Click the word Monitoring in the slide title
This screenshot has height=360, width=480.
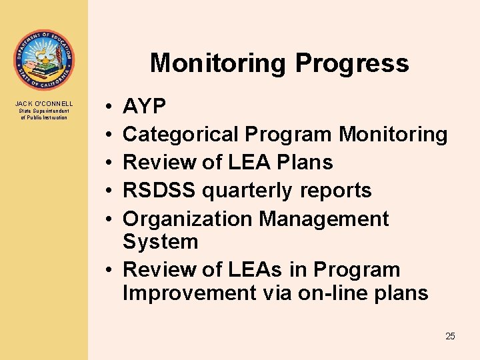pyautogui.click(x=219, y=63)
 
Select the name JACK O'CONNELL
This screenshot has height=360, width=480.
pyautogui.click(x=44, y=104)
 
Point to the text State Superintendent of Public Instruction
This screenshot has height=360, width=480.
pyautogui.click(x=44, y=114)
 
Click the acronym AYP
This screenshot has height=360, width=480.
pyautogui.click(x=145, y=107)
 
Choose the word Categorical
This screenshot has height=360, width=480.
pyautogui.click(x=181, y=135)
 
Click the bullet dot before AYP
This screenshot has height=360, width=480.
pyautogui.click(x=107, y=107)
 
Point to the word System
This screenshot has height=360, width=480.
pyautogui.click(x=161, y=241)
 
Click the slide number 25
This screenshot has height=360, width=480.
pyautogui.click(x=450, y=336)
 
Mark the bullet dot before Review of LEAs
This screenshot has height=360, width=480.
pyautogui.click(x=107, y=270)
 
